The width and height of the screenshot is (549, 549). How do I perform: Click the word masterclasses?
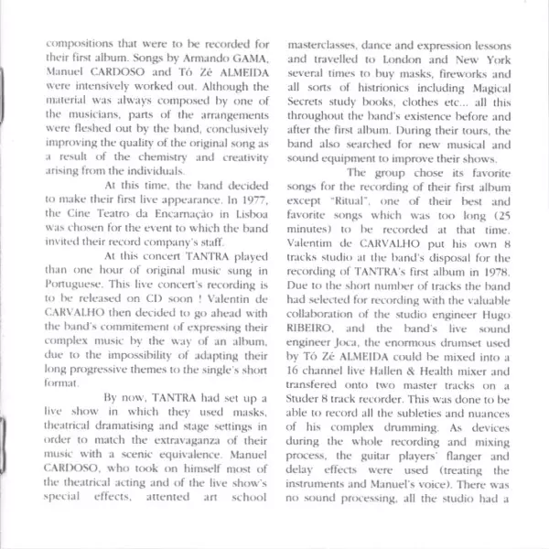click(x=327, y=44)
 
